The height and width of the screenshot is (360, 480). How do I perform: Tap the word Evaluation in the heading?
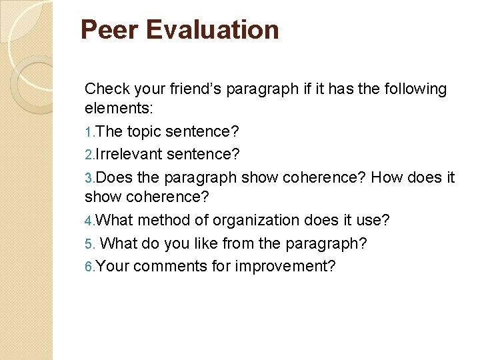(x=212, y=30)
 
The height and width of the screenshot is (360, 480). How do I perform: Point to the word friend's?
(x=199, y=89)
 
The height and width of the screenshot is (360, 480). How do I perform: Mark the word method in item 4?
(x=166, y=220)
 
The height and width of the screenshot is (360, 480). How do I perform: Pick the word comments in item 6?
(x=172, y=267)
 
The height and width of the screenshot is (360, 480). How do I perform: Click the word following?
(x=413, y=89)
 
